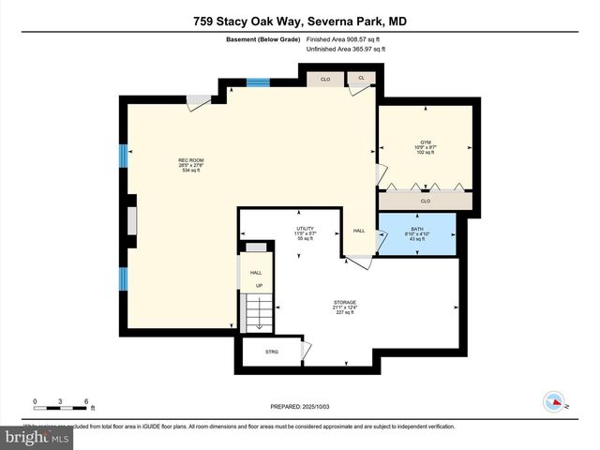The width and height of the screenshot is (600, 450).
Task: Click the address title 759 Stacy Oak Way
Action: pyautogui.click(x=300, y=21)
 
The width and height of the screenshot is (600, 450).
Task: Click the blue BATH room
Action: pyautogui.click(x=415, y=234)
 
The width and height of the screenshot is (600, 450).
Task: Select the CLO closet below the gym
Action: pyautogui.click(x=425, y=201)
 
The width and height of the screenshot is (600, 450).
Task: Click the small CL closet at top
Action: pyautogui.click(x=361, y=79)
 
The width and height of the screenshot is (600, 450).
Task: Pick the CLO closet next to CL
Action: pyautogui.click(x=325, y=79)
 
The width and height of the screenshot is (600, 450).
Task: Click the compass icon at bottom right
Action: pyautogui.click(x=554, y=402)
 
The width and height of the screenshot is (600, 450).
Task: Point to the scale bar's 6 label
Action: pyautogui.click(x=86, y=401)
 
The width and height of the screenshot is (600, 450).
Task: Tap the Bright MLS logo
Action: pyautogui.click(x=37, y=437)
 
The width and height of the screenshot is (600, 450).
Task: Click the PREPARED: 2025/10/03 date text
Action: pyautogui.click(x=300, y=407)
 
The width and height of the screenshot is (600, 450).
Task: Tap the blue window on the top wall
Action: pyautogui.click(x=258, y=82)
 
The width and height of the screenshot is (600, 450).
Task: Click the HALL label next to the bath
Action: pyautogui.click(x=358, y=230)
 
